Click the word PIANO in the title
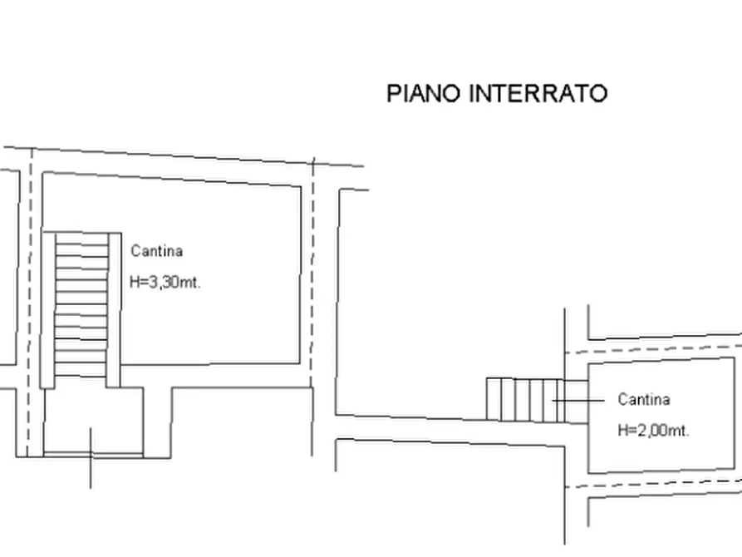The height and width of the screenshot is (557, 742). click(425, 93)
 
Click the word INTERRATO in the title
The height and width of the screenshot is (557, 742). click(538, 93)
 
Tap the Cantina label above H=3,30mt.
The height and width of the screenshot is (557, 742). click(157, 251)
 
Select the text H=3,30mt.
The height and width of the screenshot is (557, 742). click(166, 282)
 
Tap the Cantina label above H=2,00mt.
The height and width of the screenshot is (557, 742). click(644, 400)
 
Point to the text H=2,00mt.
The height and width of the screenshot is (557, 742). click(654, 431)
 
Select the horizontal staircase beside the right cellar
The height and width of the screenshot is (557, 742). click(526, 400)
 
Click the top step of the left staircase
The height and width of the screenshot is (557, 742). click(81, 239)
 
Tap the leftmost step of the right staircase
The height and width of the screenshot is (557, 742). click(494, 400)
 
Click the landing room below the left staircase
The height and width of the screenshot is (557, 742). click(92, 420)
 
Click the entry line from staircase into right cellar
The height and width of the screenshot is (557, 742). click(579, 401)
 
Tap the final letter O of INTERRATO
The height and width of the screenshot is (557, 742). click(598, 93)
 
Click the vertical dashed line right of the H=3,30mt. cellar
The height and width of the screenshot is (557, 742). click(313, 274)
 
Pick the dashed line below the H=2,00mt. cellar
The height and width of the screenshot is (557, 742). click(656, 482)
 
